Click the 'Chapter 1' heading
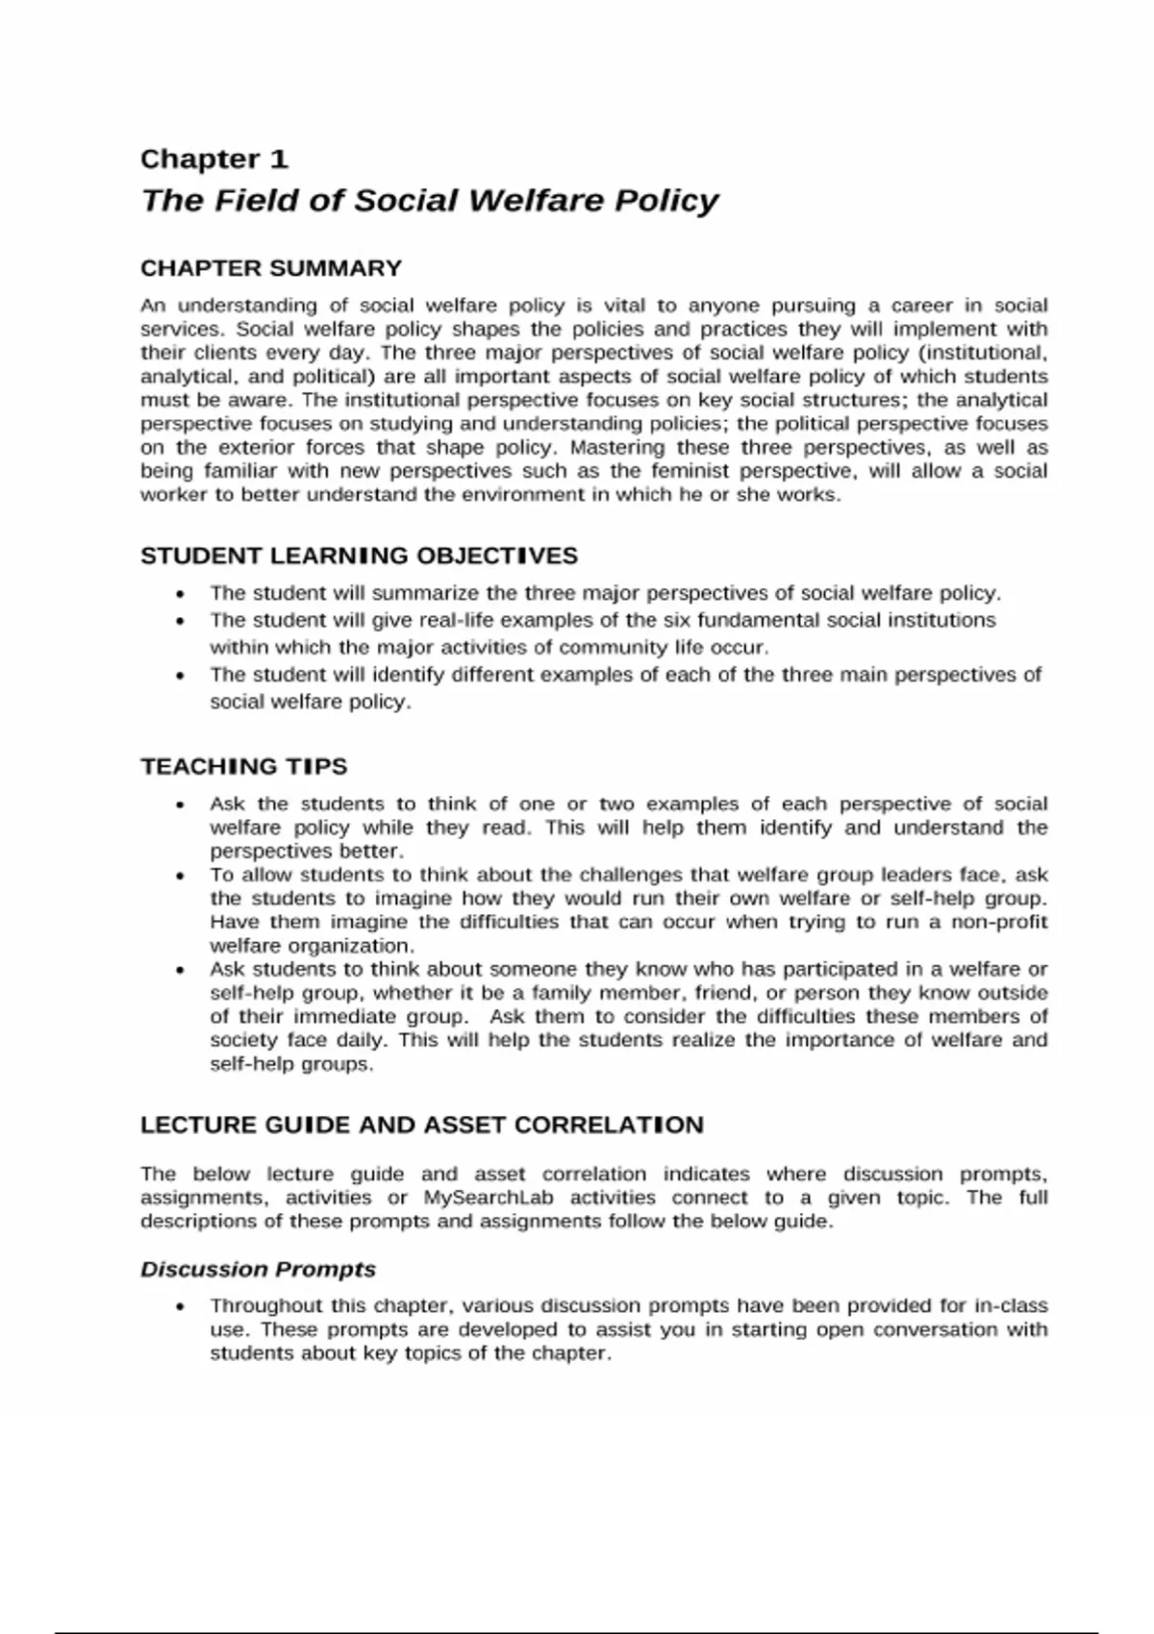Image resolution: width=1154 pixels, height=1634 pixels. click(x=213, y=159)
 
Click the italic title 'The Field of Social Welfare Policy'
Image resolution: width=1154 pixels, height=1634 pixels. click(x=429, y=200)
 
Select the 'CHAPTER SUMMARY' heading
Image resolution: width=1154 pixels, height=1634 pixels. click(x=270, y=268)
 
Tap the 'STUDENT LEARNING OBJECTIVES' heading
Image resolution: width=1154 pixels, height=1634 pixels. click(x=359, y=556)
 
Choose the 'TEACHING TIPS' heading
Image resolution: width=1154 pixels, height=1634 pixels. click(x=243, y=766)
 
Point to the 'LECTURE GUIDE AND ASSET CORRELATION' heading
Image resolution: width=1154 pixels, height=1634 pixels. click(x=421, y=1125)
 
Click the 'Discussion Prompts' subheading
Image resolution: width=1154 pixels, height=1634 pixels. click(x=258, y=1269)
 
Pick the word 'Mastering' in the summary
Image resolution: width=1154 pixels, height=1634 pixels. click(x=617, y=448)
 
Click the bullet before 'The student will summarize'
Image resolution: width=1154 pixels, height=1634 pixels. click(x=180, y=594)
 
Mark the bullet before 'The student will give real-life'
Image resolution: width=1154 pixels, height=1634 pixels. click(x=180, y=621)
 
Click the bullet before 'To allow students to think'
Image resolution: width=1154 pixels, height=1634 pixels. click(x=180, y=876)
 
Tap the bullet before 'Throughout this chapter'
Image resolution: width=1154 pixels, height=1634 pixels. click(x=180, y=1306)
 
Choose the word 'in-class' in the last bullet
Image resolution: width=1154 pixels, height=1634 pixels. click(x=1011, y=1305)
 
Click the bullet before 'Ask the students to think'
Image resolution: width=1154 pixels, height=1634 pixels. click(x=180, y=805)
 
